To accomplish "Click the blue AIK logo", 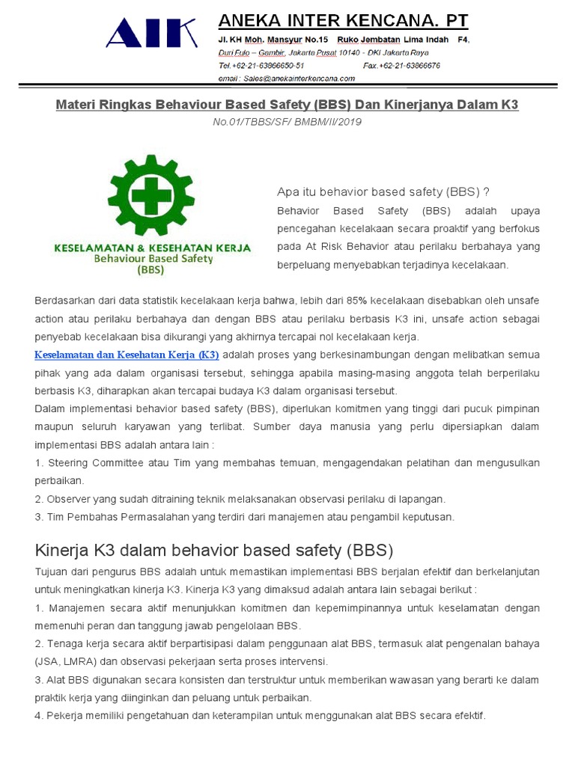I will [151, 34].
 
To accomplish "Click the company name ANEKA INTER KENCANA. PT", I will [343, 20].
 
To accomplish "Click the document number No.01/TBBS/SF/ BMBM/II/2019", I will [287, 121].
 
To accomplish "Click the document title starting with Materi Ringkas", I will [287, 105].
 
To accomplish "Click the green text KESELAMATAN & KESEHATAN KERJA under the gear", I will [153, 248].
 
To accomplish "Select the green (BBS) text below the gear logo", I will [153, 271].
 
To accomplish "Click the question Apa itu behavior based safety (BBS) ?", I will [383, 191].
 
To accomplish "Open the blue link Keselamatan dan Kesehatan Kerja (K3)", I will [127, 354].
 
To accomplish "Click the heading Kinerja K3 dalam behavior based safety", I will [213, 551].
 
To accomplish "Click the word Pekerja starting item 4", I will [66, 715].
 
